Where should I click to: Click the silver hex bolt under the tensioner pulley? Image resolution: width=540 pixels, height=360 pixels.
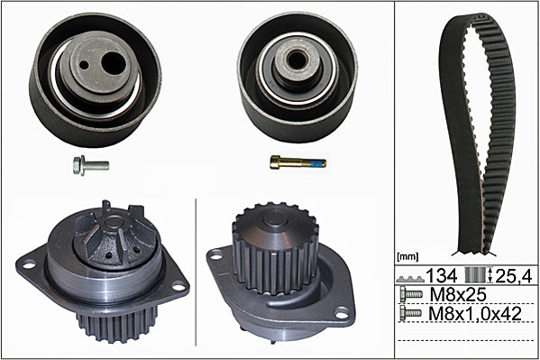91,165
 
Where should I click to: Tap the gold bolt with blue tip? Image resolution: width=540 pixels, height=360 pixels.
297,162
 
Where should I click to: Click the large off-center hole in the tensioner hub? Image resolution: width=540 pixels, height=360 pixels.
114,64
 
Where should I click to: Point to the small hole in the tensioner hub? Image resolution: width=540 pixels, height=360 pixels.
84,64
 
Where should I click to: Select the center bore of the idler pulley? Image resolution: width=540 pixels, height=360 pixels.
296,60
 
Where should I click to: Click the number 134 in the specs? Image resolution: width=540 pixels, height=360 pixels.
442,275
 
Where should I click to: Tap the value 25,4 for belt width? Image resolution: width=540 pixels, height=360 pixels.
514,276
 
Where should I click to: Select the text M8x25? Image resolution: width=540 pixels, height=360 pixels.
458,294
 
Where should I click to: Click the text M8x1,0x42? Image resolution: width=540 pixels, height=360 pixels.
475,314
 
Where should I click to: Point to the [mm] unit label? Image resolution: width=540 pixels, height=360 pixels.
407,256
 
